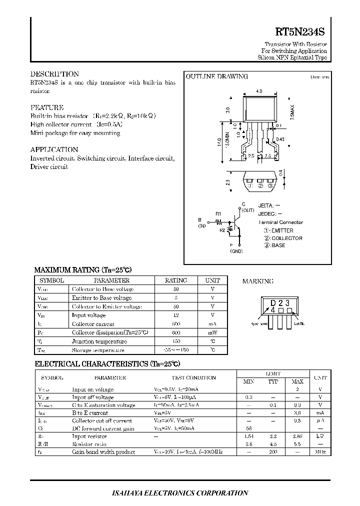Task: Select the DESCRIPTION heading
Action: (54, 74)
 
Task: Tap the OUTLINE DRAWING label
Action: (216, 76)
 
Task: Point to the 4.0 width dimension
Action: (258, 91)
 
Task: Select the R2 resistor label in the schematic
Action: (222, 230)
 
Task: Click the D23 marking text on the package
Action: (280, 303)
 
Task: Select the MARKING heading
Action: (257, 281)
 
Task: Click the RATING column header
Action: (175, 280)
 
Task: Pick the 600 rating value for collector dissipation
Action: (175, 332)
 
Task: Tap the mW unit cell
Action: (212, 332)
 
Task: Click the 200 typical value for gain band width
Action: (272, 452)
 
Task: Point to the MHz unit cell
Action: (320, 452)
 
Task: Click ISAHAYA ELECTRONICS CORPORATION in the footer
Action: (179, 493)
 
